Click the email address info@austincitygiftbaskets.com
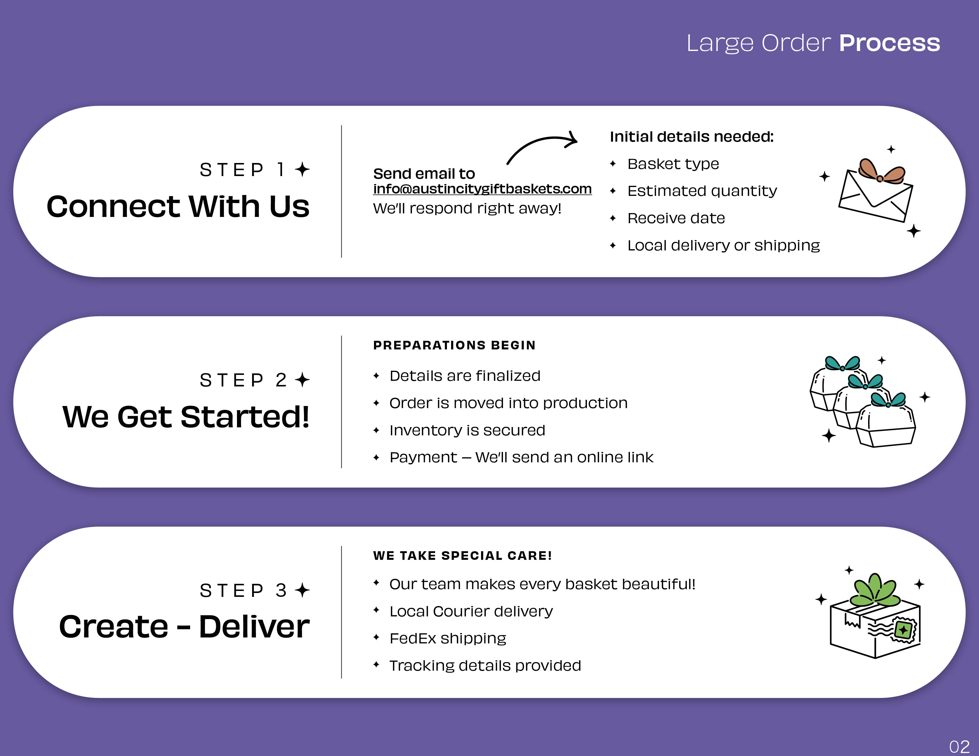point(482,189)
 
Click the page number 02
point(959,746)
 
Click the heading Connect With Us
point(178,207)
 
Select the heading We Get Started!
point(186,416)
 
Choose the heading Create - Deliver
point(184,626)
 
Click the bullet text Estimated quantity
point(702,191)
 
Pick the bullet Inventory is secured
point(467,430)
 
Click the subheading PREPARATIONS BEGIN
point(454,345)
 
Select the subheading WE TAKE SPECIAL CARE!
point(462,556)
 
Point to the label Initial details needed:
point(692,137)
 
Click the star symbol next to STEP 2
point(303,380)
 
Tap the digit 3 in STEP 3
point(281,590)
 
